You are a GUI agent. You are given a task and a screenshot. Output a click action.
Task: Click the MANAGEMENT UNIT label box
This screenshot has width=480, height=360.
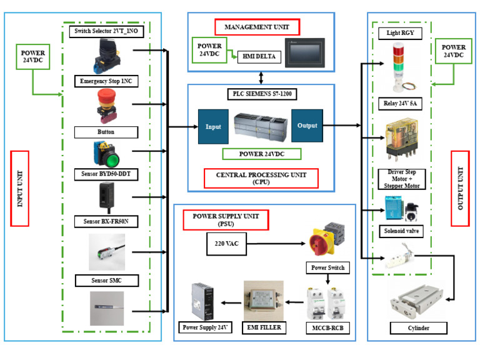click(257, 27)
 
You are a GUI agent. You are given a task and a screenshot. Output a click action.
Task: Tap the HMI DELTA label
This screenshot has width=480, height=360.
click(259, 57)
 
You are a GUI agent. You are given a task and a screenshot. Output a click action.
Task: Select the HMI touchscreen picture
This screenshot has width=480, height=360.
click(304, 52)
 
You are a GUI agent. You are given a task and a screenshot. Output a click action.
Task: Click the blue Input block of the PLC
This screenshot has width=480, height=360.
click(213, 127)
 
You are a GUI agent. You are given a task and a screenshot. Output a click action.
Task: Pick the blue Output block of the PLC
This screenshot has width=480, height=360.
click(307, 126)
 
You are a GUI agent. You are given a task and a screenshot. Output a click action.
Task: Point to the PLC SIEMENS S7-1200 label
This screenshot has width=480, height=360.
click(262, 94)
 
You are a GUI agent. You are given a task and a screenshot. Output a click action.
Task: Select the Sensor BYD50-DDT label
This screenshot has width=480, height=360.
click(106, 174)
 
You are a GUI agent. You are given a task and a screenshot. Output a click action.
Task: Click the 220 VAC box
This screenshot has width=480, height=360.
click(226, 244)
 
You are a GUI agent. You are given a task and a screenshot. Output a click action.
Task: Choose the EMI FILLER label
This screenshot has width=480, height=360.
click(264, 327)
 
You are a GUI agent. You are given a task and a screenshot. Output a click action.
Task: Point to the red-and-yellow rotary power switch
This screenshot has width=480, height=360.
click(327, 239)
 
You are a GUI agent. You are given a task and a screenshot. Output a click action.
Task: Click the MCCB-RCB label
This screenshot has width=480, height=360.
click(328, 328)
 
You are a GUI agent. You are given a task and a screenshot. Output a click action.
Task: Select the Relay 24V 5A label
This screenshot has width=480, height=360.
click(400, 104)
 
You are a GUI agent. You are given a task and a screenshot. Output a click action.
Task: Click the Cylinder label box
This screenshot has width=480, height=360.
click(419, 328)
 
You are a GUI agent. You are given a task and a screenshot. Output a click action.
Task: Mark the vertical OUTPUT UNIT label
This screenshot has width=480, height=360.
click(460, 189)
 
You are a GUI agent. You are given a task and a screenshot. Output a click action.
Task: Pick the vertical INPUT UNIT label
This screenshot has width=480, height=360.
click(19, 189)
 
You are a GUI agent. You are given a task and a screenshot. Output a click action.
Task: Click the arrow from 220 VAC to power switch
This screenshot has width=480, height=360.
click(276, 244)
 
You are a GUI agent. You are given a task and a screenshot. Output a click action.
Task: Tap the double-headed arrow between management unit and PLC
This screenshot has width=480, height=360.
click(261, 78)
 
